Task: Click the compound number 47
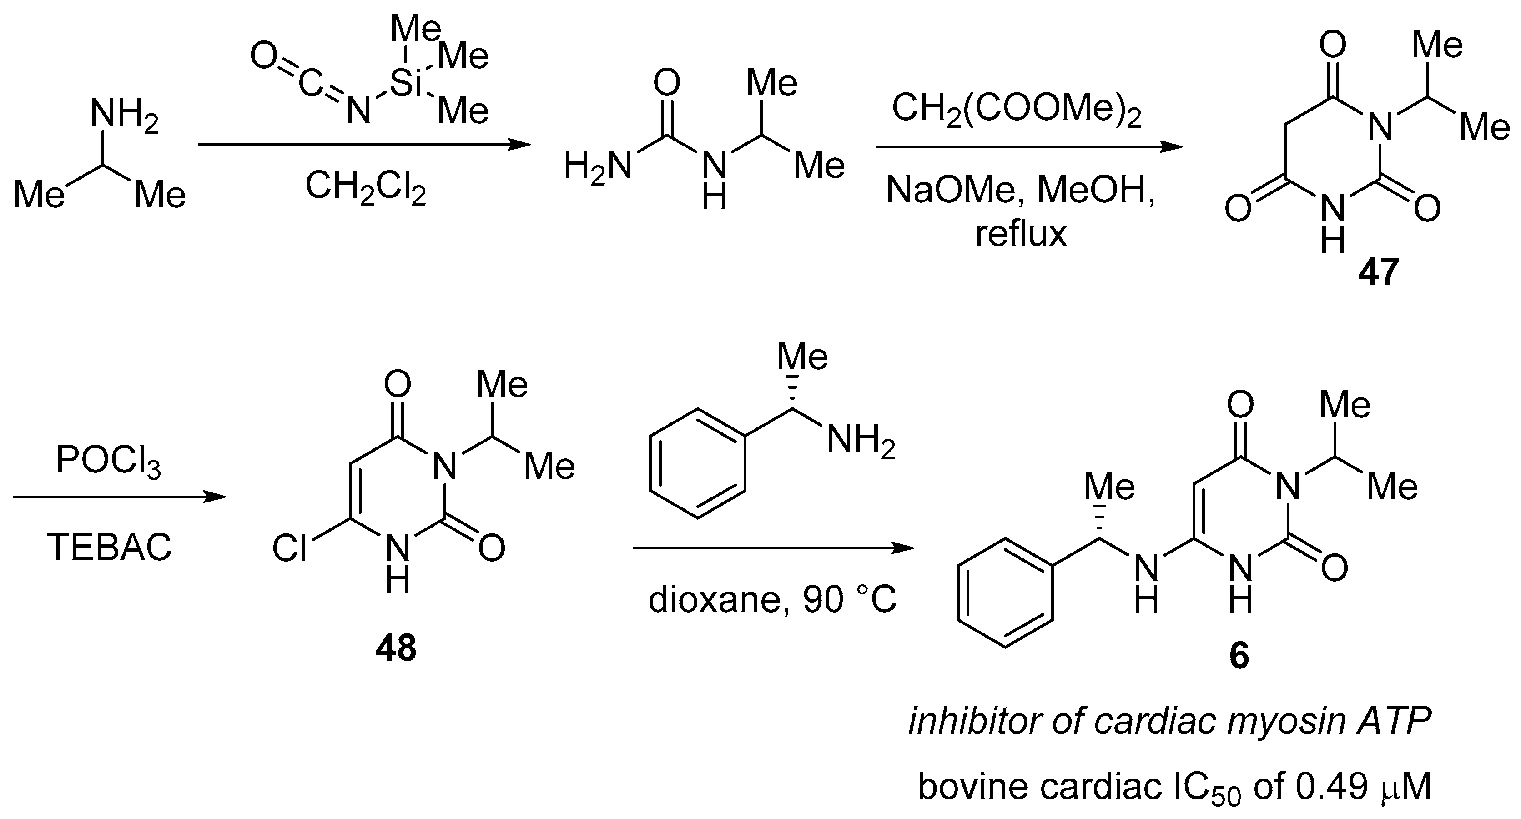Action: pyautogui.click(x=1379, y=273)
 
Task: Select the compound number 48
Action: pyautogui.click(x=396, y=648)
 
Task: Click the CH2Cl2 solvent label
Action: pyautogui.click(x=366, y=188)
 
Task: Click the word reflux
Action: pyautogui.click(x=1021, y=234)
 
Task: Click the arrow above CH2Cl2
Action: pyautogui.click(x=364, y=145)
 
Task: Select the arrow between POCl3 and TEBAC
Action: pyautogui.click(x=119, y=497)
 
